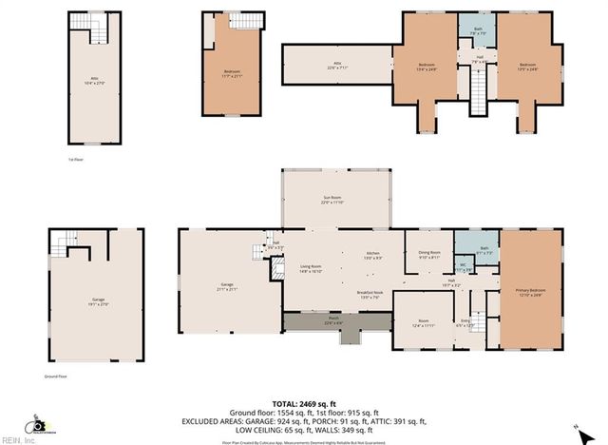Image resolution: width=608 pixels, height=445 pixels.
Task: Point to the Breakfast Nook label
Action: click(x=370, y=295)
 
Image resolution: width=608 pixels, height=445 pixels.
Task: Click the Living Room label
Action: click(x=313, y=268)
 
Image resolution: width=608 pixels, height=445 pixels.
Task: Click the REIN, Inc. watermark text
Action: click(x=16, y=439)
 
